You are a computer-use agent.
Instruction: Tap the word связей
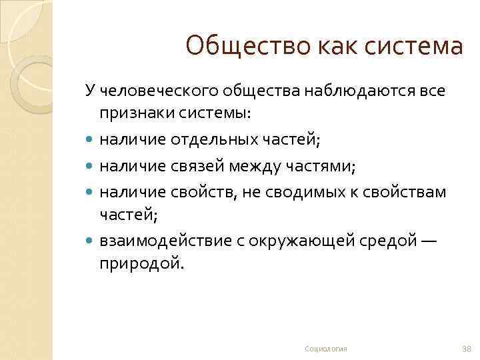click(193, 165)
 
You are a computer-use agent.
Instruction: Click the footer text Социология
click(325, 349)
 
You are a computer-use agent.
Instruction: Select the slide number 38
click(466, 349)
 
